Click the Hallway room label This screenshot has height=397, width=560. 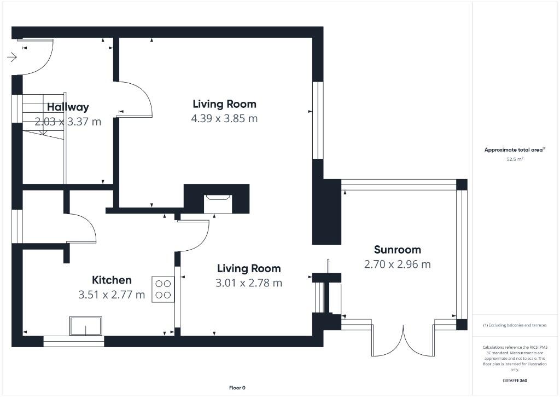[x=68, y=107]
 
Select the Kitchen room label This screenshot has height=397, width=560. [x=112, y=280]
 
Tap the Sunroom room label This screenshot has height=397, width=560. [x=397, y=250]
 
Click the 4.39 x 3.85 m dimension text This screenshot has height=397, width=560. [x=224, y=118]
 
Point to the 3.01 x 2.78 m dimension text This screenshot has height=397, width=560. [x=249, y=283]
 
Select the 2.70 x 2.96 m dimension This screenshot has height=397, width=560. [x=397, y=264]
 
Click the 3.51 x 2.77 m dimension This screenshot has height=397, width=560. [x=112, y=295]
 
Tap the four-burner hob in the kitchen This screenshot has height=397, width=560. [x=163, y=289]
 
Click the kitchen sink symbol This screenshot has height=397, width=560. [x=85, y=326]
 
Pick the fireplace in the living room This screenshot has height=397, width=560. [x=218, y=203]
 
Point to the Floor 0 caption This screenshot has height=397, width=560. [x=237, y=388]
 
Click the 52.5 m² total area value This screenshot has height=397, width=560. [x=514, y=159]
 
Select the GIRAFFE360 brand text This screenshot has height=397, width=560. [x=514, y=380]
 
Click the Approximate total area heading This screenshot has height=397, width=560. [x=514, y=149]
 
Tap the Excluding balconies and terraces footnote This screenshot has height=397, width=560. [x=514, y=325]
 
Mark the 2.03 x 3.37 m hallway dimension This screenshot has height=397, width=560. [x=68, y=122]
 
